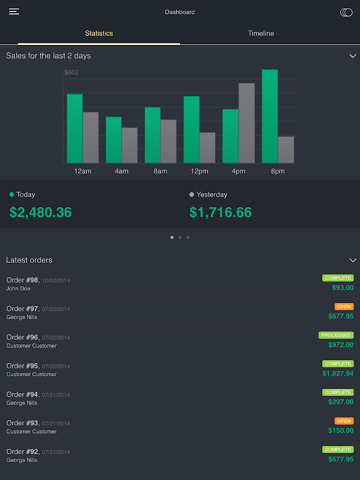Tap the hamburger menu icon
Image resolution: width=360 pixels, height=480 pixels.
(x=14, y=12)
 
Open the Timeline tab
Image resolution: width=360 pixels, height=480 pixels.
(x=261, y=34)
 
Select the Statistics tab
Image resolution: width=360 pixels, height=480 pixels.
(x=99, y=34)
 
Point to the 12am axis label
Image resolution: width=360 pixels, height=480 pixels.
(x=83, y=172)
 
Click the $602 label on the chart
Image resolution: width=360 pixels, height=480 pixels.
(x=71, y=73)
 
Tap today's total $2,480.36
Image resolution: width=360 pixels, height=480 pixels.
(x=41, y=212)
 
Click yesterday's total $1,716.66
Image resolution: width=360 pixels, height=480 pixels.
(x=221, y=212)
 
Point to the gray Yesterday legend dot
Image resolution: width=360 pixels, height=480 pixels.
(x=191, y=194)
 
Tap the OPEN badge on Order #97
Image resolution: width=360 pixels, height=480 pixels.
(x=344, y=307)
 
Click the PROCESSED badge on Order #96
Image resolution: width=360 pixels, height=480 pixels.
(x=336, y=335)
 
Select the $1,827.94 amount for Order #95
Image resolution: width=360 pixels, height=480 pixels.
(x=338, y=373)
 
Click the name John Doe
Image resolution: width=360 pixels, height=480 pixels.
(x=18, y=289)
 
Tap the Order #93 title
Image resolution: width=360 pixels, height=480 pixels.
(x=23, y=423)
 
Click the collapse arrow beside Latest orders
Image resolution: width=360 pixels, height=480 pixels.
(x=353, y=260)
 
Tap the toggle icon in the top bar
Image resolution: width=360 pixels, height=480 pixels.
(x=346, y=12)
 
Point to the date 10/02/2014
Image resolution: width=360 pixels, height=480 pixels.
(x=56, y=281)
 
